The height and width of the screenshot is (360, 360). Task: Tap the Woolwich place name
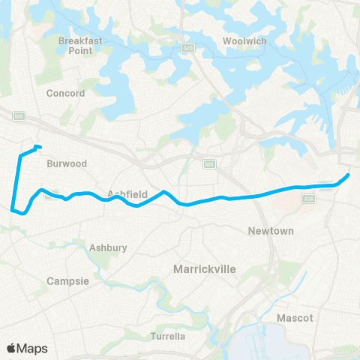click(x=244, y=41)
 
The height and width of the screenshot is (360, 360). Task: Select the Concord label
click(x=66, y=94)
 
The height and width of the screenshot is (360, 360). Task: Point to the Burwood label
click(x=67, y=163)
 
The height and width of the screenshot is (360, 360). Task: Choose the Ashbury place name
click(x=108, y=247)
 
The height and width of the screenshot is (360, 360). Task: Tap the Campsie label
click(x=68, y=281)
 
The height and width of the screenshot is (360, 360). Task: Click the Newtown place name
click(x=271, y=231)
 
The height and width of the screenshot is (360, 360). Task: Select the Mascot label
click(x=295, y=318)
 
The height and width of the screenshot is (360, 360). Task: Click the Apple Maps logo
click(x=27, y=348)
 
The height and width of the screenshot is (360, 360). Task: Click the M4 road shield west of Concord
click(x=19, y=115)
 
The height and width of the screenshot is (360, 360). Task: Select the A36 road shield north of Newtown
click(x=325, y=186)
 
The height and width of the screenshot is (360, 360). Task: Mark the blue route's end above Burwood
click(x=37, y=146)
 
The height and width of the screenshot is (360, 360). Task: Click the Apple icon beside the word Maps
click(x=12, y=348)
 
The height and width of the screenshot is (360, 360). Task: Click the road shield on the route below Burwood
click(x=52, y=196)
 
